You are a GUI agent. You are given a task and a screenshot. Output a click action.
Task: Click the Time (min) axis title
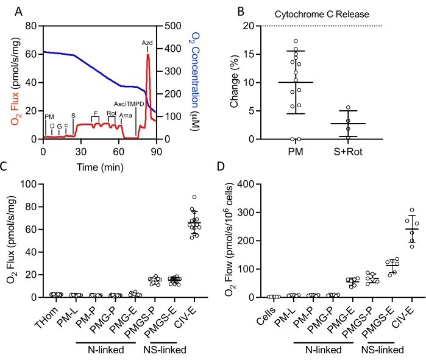pos(99,166)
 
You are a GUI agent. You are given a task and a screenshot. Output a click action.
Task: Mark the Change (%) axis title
pos(234,83)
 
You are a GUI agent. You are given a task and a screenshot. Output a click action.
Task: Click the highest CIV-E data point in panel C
pos(194,197)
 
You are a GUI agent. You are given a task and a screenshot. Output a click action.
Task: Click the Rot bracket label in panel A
pos(112,113)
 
